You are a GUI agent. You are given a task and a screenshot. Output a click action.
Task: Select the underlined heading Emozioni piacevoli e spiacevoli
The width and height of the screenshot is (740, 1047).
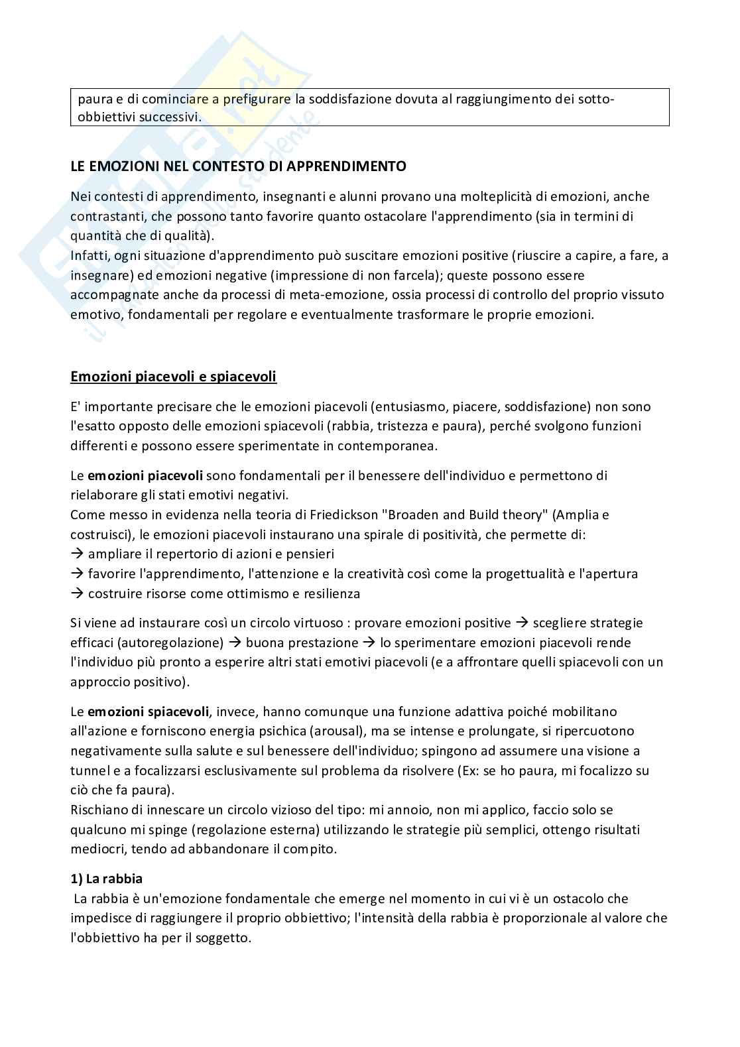coord(173,377)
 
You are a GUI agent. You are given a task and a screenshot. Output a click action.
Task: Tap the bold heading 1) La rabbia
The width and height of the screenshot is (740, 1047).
coord(106,879)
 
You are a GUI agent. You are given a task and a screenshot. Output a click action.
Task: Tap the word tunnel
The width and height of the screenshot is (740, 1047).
coord(91,770)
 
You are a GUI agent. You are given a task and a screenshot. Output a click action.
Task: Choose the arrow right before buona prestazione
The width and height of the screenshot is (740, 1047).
coord(235,643)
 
